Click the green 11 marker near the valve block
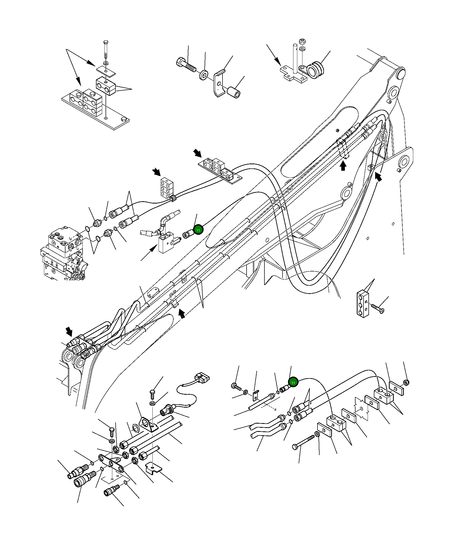pyautogui.click(x=198, y=230)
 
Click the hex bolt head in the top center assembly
pyautogui.click(x=180, y=63)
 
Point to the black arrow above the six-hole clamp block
pyautogui.click(x=157, y=172)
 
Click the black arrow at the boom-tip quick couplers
pyautogui.click(x=69, y=331)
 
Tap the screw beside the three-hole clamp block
pyautogui.click(x=377, y=308)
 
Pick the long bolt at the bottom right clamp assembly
pyautogui.click(x=303, y=443)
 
